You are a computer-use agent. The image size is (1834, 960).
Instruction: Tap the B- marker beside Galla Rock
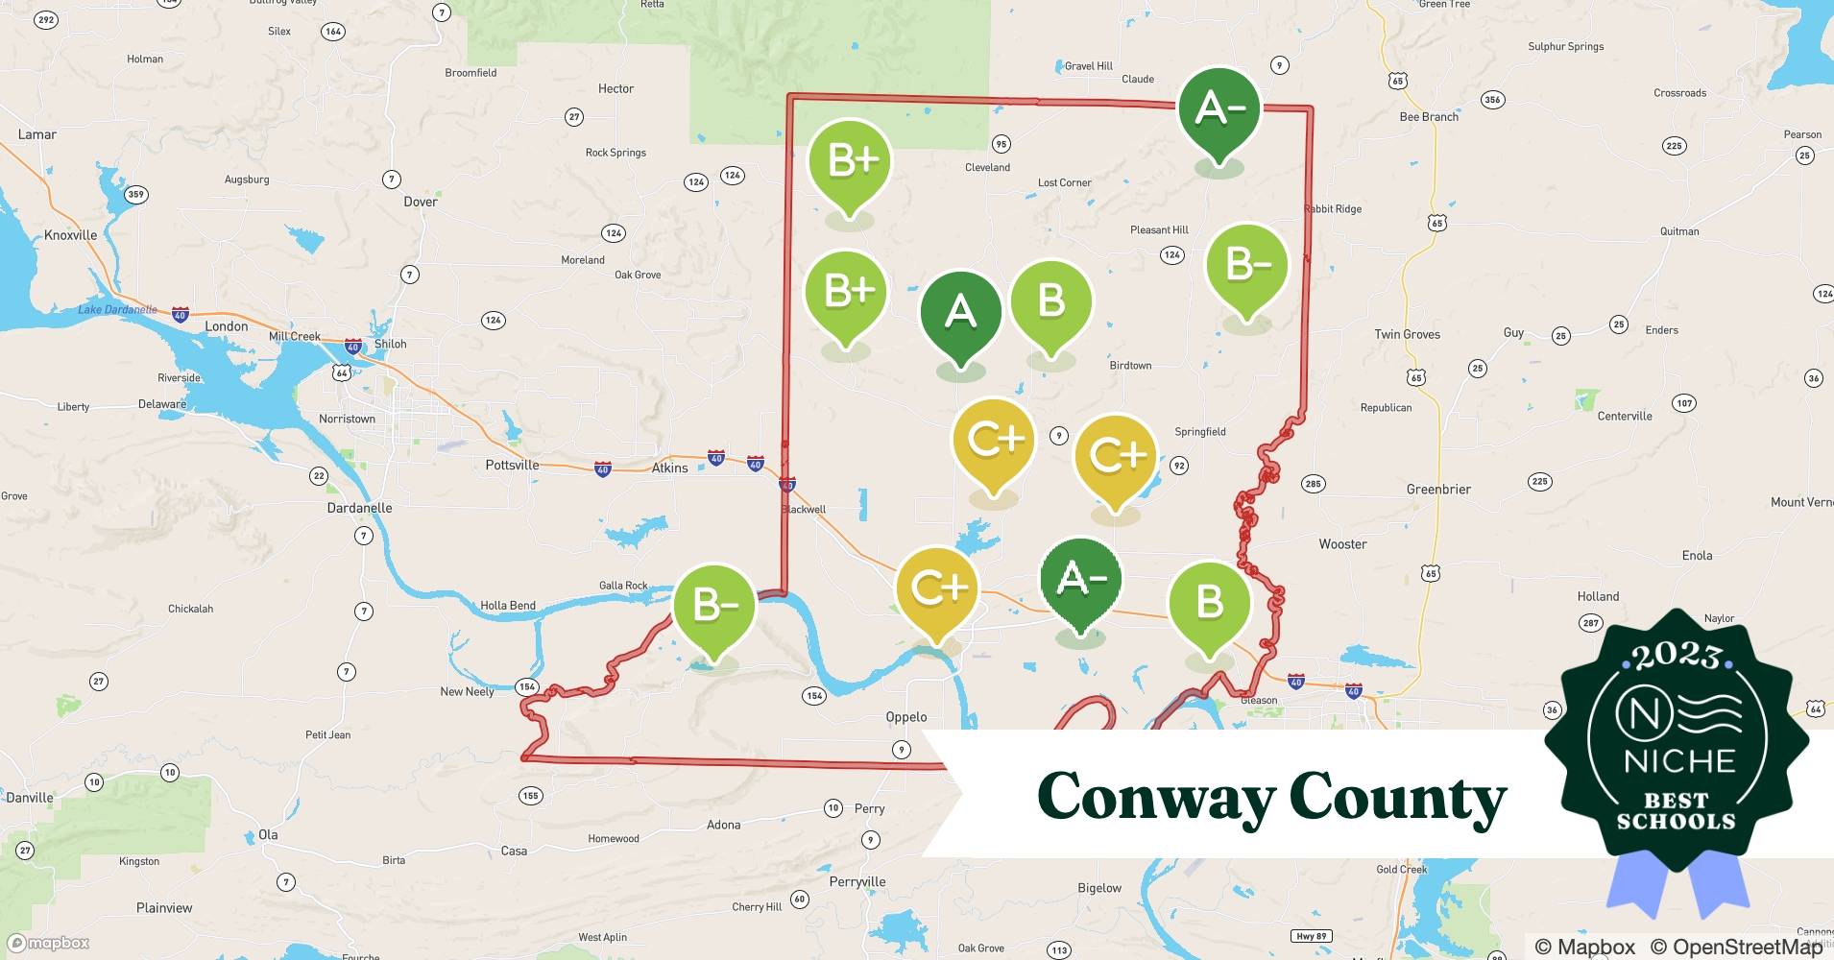713,607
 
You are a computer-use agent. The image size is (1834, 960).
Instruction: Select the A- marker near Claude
1219,109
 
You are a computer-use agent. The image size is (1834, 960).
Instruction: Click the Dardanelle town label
359,508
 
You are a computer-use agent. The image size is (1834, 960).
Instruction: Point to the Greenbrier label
1438,489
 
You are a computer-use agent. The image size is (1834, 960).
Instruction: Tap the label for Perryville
857,881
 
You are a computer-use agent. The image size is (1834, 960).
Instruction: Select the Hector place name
615,88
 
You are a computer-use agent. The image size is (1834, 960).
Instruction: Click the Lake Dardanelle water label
117,309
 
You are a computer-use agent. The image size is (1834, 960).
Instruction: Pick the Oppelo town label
906,717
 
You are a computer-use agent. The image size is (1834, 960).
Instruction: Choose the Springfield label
1200,432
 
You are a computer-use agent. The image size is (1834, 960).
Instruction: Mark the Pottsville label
512,465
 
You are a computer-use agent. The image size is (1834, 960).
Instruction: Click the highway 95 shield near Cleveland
1001,144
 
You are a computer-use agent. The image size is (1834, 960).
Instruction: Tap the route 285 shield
1313,484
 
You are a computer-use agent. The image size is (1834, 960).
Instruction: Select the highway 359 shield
136,195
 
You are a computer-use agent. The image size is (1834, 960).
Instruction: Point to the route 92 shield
1179,466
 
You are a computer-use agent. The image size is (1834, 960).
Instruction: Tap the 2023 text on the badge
1677,656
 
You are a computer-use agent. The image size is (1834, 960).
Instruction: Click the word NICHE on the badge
1679,761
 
